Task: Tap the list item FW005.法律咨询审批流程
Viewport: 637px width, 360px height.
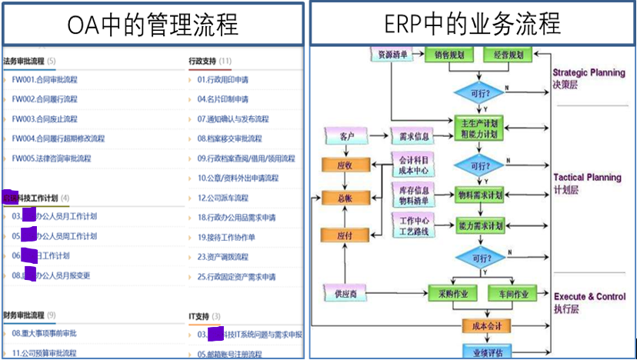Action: coord(52,158)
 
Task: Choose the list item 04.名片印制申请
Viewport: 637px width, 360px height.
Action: coord(222,99)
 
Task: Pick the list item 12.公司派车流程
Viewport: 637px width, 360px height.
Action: coord(222,198)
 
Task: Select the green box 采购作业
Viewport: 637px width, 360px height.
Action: coord(449,293)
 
